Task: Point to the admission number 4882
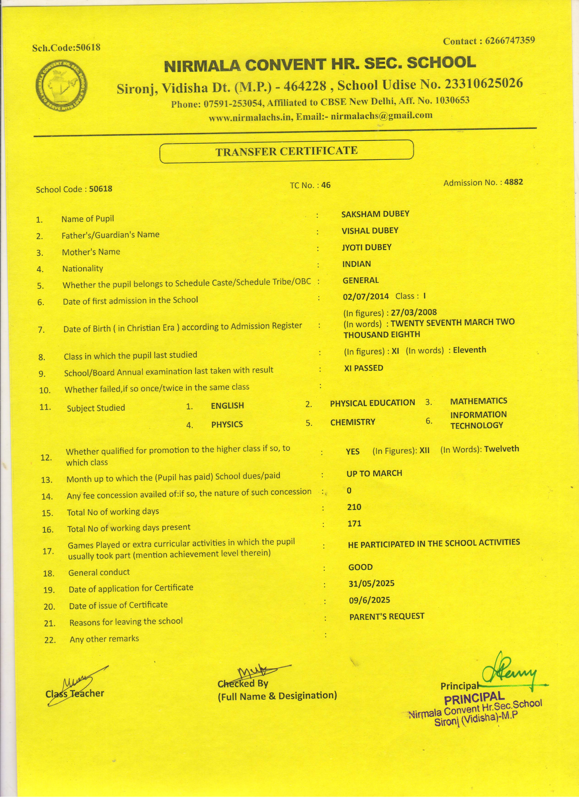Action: pos(513,182)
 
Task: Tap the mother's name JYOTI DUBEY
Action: pos(366,247)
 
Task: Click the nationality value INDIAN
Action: pos(356,264)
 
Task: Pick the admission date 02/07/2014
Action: pos(366,296)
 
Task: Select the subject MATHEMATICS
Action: pos(478,401)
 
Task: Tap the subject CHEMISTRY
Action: pos(352,422)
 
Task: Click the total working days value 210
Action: pos(354,507)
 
